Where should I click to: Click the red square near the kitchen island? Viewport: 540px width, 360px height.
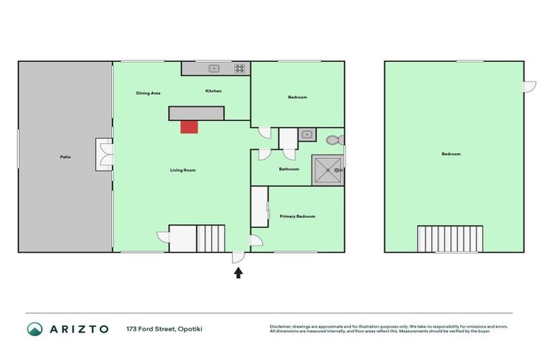188,127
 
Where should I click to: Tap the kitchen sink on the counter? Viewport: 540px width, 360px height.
214,68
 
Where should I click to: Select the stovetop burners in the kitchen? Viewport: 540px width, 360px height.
240,68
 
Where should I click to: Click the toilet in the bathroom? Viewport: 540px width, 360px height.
335,139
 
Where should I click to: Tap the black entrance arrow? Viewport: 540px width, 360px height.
238,272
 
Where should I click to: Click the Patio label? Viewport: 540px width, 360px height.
65,157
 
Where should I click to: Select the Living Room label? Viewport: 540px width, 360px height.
183,170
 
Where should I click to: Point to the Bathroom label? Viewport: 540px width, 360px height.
289,169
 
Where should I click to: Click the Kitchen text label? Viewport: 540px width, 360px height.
214,91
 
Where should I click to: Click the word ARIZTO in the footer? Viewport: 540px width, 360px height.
78,329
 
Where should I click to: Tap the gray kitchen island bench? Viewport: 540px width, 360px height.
196,113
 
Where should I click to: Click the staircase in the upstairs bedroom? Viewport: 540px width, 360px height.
450,238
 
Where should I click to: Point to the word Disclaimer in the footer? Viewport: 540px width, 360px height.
281,326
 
